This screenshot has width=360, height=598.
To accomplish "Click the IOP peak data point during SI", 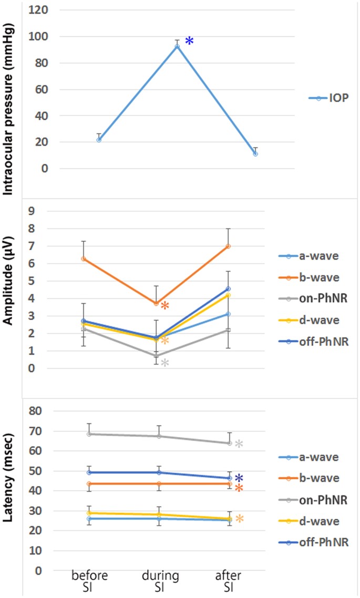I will [177, 46].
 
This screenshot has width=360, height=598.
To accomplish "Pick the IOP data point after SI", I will [255, 154].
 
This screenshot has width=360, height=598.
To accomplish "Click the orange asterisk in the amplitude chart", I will [164, 307].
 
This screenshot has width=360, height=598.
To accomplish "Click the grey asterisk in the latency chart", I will [239, 445].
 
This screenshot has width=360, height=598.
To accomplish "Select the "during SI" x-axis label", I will [164, 582].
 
